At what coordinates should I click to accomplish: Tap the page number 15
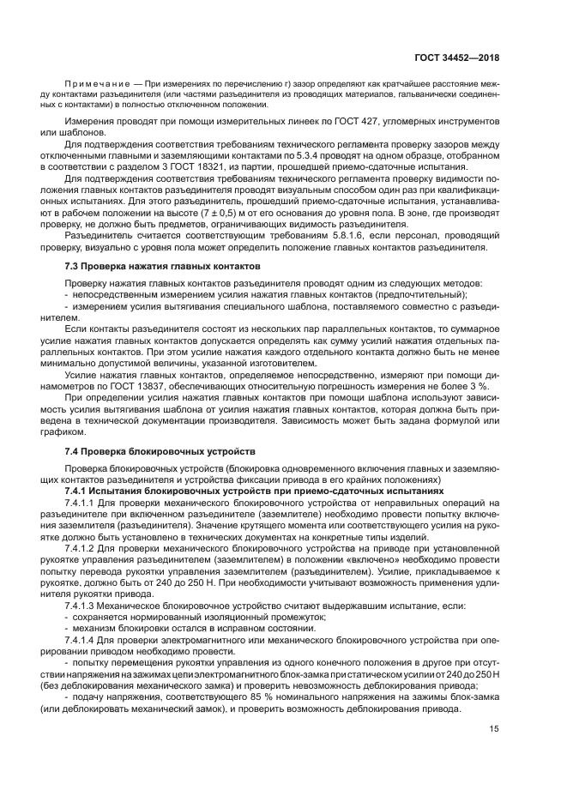(x=494, y=729)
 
